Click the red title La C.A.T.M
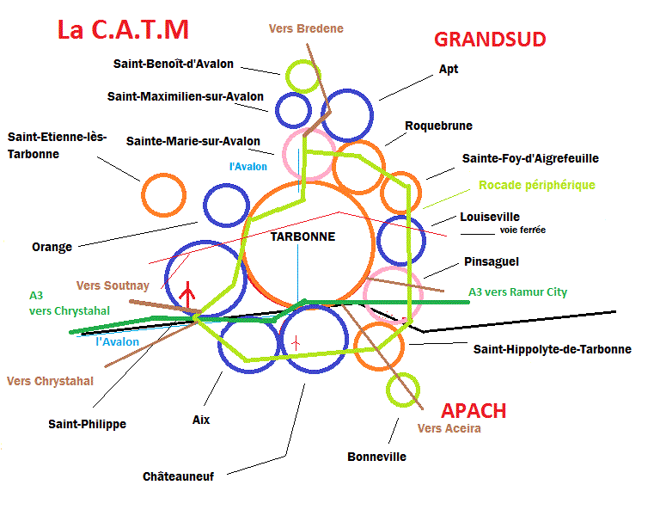pos(123,31)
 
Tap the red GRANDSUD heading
pos(490,40)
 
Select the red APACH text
pos(474,410)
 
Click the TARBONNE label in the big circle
pos(302,236)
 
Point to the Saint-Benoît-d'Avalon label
pos(173,64)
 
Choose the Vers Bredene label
pos(305,28)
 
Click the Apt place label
pos(449,69)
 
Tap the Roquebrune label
pos(438,126)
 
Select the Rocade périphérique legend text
pos(536,185)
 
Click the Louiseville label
pos(490,217)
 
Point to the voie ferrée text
pos(516,230)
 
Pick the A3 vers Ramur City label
pos(517,292)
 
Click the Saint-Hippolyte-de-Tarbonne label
pos(553,349)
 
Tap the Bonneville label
pos(376,457)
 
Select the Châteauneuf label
pos(178,476)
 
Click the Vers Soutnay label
pos(113,285)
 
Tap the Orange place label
pos(52,247)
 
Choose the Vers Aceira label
pos(449,428)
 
